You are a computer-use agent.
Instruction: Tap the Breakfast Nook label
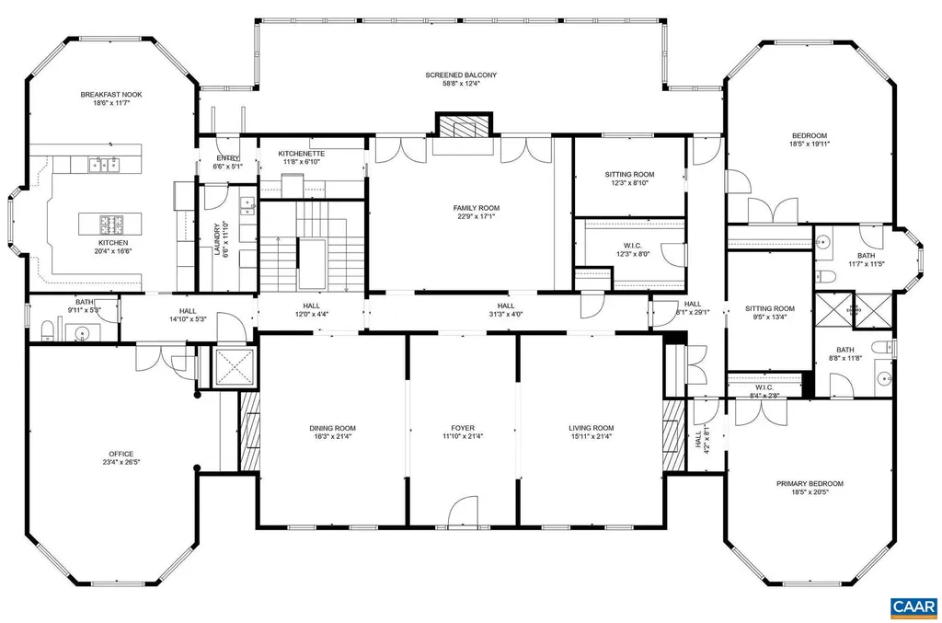pos(110,94)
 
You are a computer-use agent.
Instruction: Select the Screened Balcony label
pos(461,75)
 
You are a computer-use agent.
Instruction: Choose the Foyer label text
pos(463,428)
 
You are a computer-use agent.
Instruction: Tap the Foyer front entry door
pos(463,514)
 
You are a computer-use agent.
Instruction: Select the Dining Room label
pos(332,428)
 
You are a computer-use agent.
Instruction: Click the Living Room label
pos(591,428)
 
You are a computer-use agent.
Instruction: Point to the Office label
pos(121,454)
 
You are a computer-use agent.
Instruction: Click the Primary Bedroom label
pos(810,483)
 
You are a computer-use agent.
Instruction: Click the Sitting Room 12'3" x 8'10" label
pos(629,174)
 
